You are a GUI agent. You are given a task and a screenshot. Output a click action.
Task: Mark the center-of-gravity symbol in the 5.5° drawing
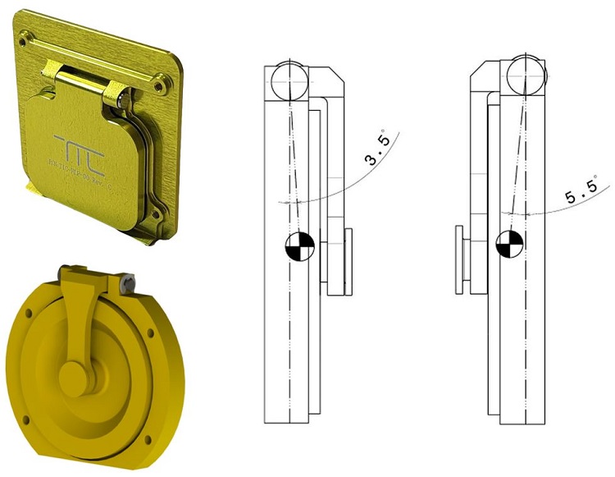(509, 243)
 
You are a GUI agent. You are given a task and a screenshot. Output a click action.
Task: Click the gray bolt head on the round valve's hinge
(128, 282)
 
